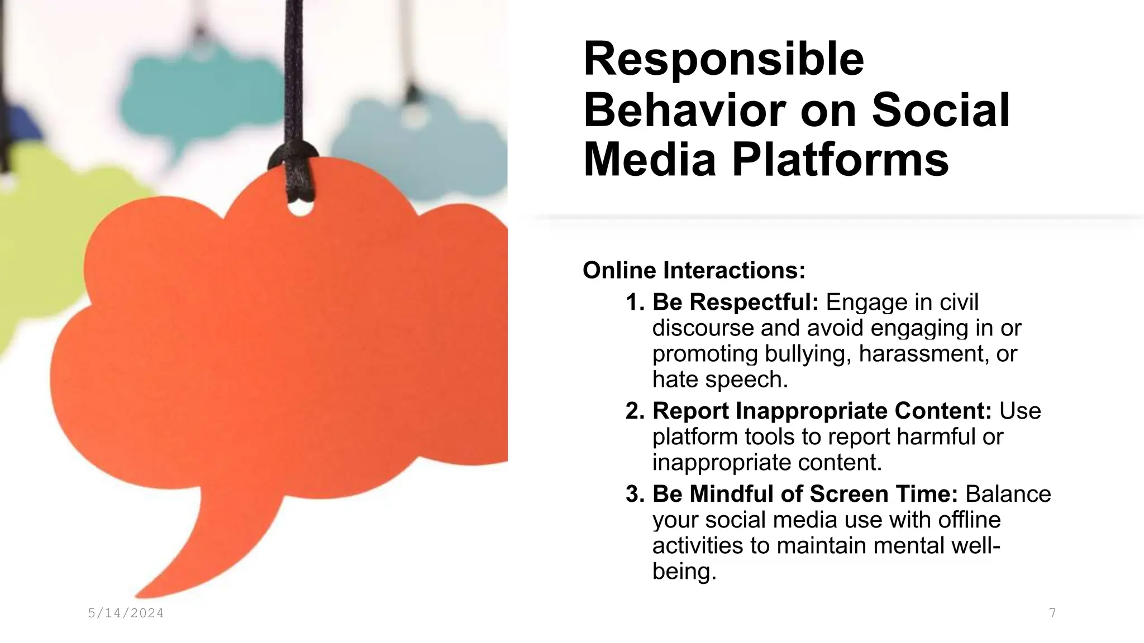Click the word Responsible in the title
[723, 60]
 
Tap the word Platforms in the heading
[840, 160]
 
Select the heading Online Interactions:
[694, 271]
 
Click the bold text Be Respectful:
[735, 302]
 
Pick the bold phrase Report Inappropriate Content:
[822, 411]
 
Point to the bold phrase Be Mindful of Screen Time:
[805, 494]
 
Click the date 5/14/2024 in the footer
[126, 613]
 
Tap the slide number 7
[1052, 613]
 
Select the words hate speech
[719, 380]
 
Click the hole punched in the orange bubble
[301, 208]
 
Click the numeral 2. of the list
[635, 411]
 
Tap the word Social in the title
[941, 110]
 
